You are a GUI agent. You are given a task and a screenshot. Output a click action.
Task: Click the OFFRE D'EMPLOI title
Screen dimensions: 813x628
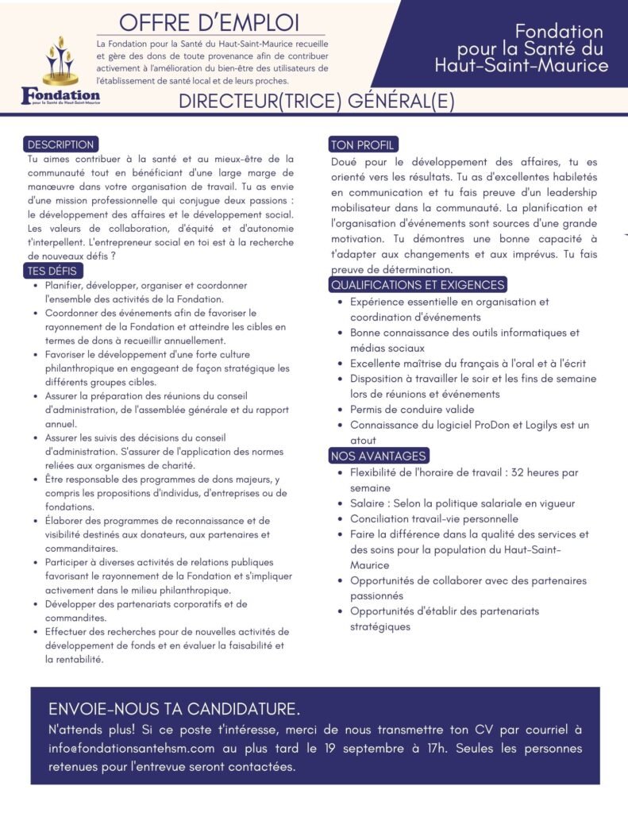tap(210, 21)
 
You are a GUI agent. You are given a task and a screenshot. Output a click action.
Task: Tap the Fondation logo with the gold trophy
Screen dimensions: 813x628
tap(60, 71)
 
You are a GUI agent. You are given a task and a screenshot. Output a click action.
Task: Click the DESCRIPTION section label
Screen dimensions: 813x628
tap(60, 144)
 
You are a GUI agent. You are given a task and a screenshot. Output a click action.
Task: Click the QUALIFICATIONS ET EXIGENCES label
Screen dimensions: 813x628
tap(417, 285)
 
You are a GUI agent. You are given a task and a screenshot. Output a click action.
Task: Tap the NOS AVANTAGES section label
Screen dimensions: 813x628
tap(379, 456)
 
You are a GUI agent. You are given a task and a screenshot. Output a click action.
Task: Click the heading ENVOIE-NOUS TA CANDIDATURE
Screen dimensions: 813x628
tap(174, 709)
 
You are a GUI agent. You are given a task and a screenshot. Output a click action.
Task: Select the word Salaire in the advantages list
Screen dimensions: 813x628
tap(371, 503)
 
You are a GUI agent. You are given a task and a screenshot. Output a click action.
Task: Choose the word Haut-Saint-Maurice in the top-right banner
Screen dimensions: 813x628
tap(521, 66)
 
